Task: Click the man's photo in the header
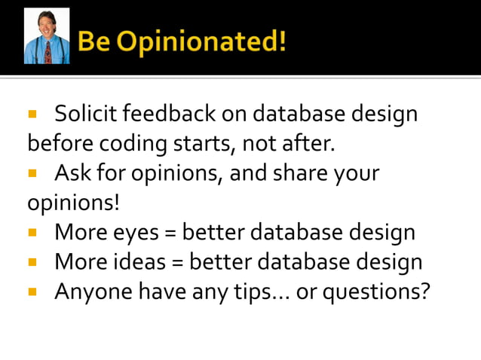click(x=47, y=36)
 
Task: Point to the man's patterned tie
click(x=47, y=51)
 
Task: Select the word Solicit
click(x=85, y=114)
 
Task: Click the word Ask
click(x=72, y=173)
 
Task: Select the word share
click(x=296, y=173)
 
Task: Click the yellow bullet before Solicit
click(x=32, y=115)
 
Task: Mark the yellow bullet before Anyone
click(x=32, y=291)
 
